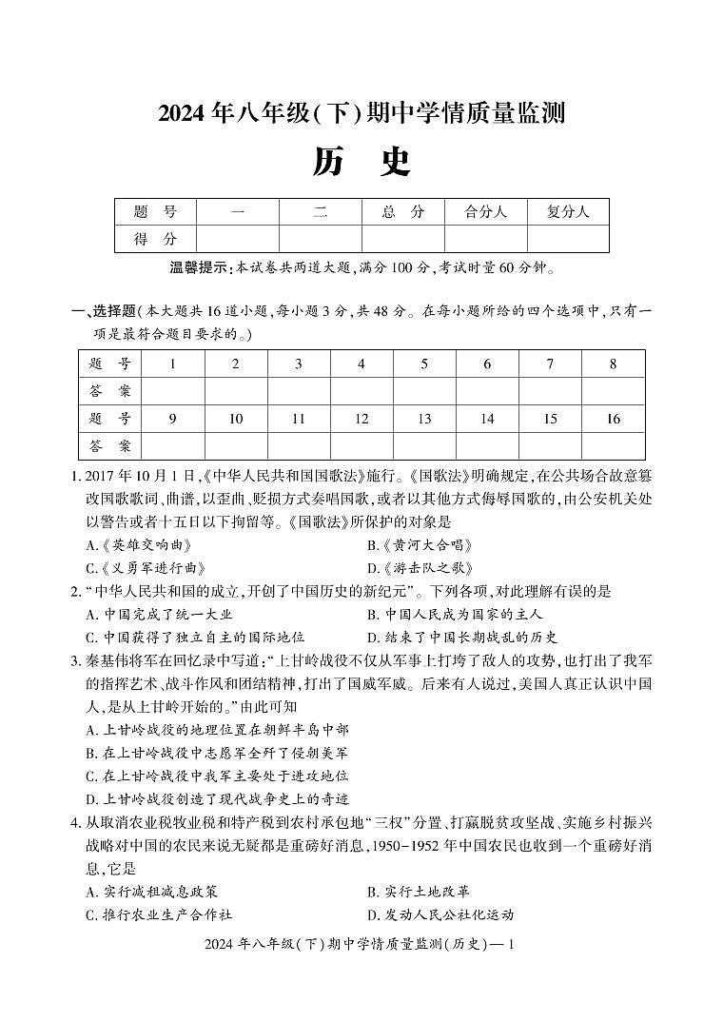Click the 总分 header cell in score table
402,212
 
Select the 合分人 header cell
485,212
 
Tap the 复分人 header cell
568,212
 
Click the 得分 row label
155,239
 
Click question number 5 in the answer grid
424,364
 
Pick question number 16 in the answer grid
613,419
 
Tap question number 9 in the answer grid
172,419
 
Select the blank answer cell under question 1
172,391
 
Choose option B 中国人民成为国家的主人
448,614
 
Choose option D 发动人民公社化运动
440,914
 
